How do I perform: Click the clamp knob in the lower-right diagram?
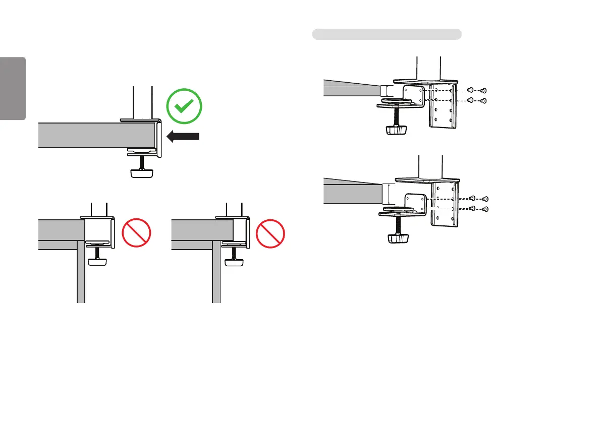click(398, 237)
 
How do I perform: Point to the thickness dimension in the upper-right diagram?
click(387, 91)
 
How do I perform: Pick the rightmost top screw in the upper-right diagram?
click(483, 90)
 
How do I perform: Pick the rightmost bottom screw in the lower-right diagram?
click(485, 208)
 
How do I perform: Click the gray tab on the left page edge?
click(13, 89)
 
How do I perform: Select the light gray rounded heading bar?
click(387, 34)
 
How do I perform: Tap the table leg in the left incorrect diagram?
click(81, 272)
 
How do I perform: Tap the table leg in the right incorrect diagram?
click(216, 272)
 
